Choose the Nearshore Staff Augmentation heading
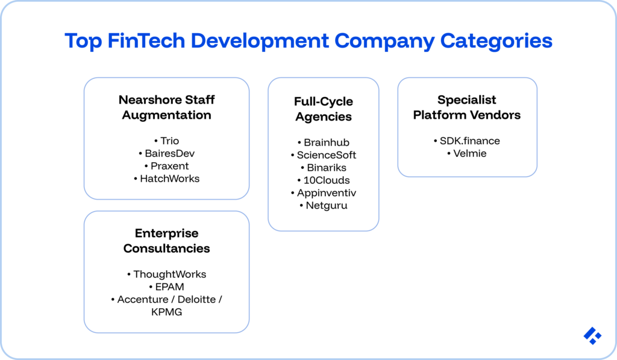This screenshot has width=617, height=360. click(x=166, y=107)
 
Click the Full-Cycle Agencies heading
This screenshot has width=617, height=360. click(x=324, y=109)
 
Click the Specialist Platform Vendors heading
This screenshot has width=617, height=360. click(x=467, y=107)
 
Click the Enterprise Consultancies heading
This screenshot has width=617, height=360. click(x=166, y=241)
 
